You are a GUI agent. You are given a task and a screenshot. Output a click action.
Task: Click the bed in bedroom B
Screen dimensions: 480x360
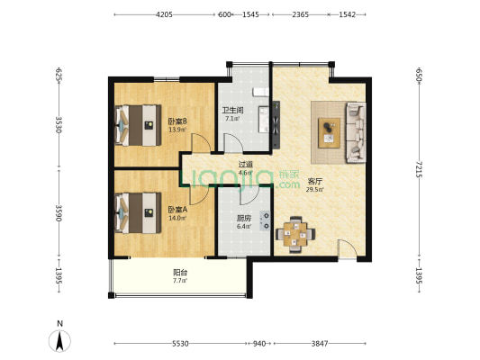coord(138,125)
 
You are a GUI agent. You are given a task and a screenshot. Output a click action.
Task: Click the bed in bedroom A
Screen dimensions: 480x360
coord(138,213)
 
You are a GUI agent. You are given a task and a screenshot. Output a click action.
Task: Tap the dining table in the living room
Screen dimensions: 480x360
coord(295,235)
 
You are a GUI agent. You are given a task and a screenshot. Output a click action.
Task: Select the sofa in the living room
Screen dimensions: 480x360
coord(356,132)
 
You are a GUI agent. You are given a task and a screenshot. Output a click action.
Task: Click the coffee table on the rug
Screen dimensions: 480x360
coord(329,133)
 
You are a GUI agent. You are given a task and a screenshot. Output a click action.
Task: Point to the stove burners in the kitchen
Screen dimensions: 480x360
coord(265,220)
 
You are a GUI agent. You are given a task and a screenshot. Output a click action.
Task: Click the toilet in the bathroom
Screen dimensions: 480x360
coord(261,92)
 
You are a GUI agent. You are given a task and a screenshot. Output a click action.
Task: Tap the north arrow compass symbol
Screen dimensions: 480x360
coord(59,340)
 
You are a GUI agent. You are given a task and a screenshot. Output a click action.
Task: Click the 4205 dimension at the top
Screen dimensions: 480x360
coord(165,14)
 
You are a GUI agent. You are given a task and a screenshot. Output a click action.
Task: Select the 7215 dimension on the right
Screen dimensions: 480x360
coord(419,169)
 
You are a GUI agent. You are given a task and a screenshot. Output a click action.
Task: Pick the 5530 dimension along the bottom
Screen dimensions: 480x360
coord(180,344)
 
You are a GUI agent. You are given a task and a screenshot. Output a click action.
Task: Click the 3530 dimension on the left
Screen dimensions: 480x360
coord(59,124)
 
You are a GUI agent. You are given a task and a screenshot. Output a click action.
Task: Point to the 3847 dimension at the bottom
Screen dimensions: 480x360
coord(320,344)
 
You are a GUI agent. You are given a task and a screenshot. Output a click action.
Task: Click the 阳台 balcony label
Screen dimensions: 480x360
coord(180,272)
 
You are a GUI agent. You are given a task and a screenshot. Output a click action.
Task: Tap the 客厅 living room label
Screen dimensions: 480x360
coord(315,182)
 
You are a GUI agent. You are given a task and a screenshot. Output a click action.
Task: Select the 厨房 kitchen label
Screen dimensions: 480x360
coord(244,219)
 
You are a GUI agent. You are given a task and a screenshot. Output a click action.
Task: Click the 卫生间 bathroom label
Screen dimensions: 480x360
coord(232,110)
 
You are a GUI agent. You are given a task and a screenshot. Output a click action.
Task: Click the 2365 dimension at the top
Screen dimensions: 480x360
coord(300,14)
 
